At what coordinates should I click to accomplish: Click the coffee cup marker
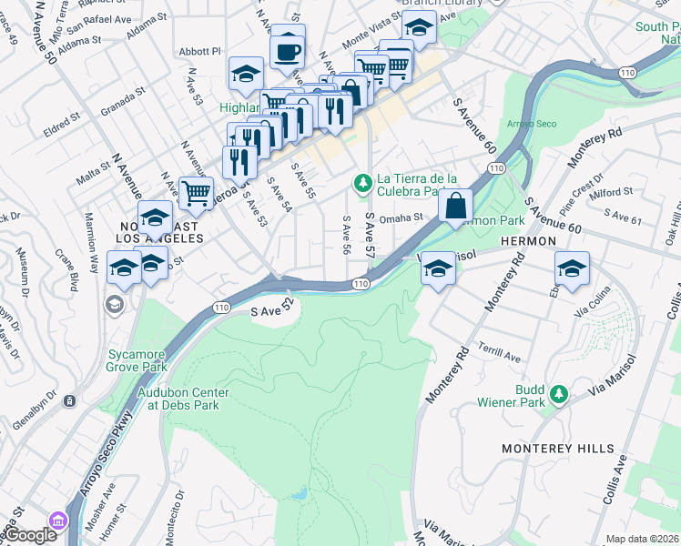click(288, 53)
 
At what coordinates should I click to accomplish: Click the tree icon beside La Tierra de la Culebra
click(363, 186)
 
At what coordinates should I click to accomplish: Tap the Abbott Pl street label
click(201, 52)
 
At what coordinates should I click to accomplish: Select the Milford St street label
click(611, 193)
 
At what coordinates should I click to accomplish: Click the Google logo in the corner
click(29, 536)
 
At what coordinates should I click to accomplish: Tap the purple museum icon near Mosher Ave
click(59, 521)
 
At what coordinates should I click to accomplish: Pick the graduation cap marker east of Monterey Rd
click(572, 269)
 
